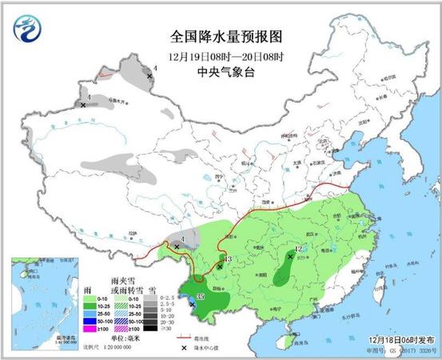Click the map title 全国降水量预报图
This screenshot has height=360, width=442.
[221, 37]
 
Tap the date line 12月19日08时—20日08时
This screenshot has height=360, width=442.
[221, 56]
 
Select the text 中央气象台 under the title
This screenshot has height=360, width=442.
[221, 72]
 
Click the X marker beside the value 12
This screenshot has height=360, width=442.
[289, 257]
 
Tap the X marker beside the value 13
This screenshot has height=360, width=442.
[220, 266]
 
